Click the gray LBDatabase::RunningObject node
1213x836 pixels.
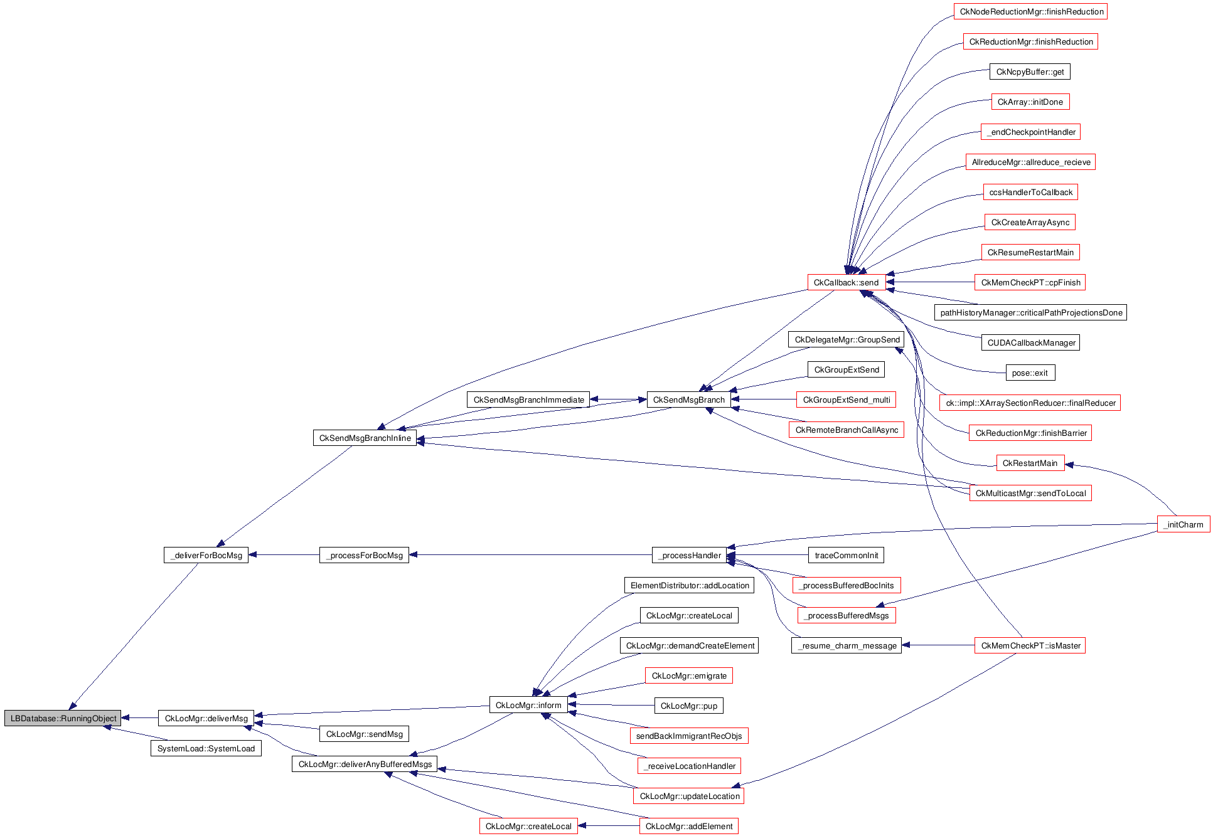click(63, 718)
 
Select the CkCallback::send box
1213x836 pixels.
click(846, 282)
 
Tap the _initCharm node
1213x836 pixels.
click(1183, 524)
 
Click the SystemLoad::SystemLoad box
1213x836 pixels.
click(206, 748)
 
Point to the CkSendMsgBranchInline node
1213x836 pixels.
click(365, 438)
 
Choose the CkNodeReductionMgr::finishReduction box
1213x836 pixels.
click(1031, 11)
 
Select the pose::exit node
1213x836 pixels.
click(1030, 373)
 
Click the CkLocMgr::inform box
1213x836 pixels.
click(528, 705)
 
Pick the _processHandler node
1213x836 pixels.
click(689, 555)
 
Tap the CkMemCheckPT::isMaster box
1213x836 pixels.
click(1030, 645)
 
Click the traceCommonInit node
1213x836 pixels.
click(846, 555)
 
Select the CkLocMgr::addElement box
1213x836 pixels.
click(688, 826)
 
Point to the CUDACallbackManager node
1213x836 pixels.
click(1030, 342)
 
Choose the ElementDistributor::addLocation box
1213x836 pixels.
click(689, 585)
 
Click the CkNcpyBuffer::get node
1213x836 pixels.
click(1030, 71)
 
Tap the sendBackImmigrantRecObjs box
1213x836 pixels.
click(688, 736)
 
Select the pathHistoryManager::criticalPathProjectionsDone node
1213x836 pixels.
click(1030, 312)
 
